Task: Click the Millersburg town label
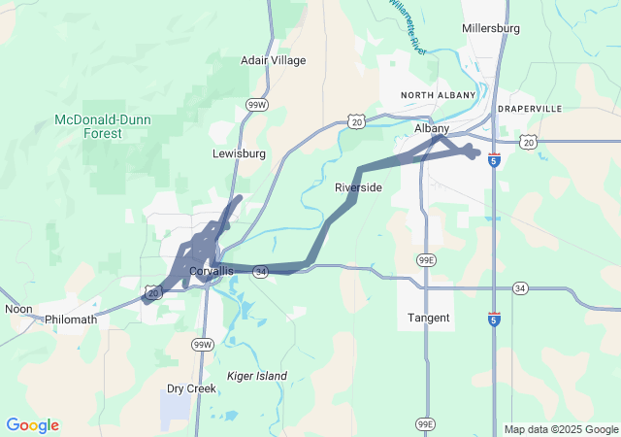492,28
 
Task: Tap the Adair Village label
273,60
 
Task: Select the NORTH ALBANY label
440,94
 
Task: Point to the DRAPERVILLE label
530,109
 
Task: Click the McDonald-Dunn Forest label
102,126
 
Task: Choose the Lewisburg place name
239,153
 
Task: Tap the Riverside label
358,186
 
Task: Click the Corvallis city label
212,271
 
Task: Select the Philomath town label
71,319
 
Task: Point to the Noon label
18,309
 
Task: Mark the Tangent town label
428,318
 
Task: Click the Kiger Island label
256,376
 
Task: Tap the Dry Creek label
191,387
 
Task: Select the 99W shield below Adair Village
256,105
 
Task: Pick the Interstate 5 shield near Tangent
494,319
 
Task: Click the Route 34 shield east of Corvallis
261,273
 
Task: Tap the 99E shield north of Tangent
426,260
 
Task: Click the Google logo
32,425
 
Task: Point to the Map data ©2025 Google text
560,429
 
